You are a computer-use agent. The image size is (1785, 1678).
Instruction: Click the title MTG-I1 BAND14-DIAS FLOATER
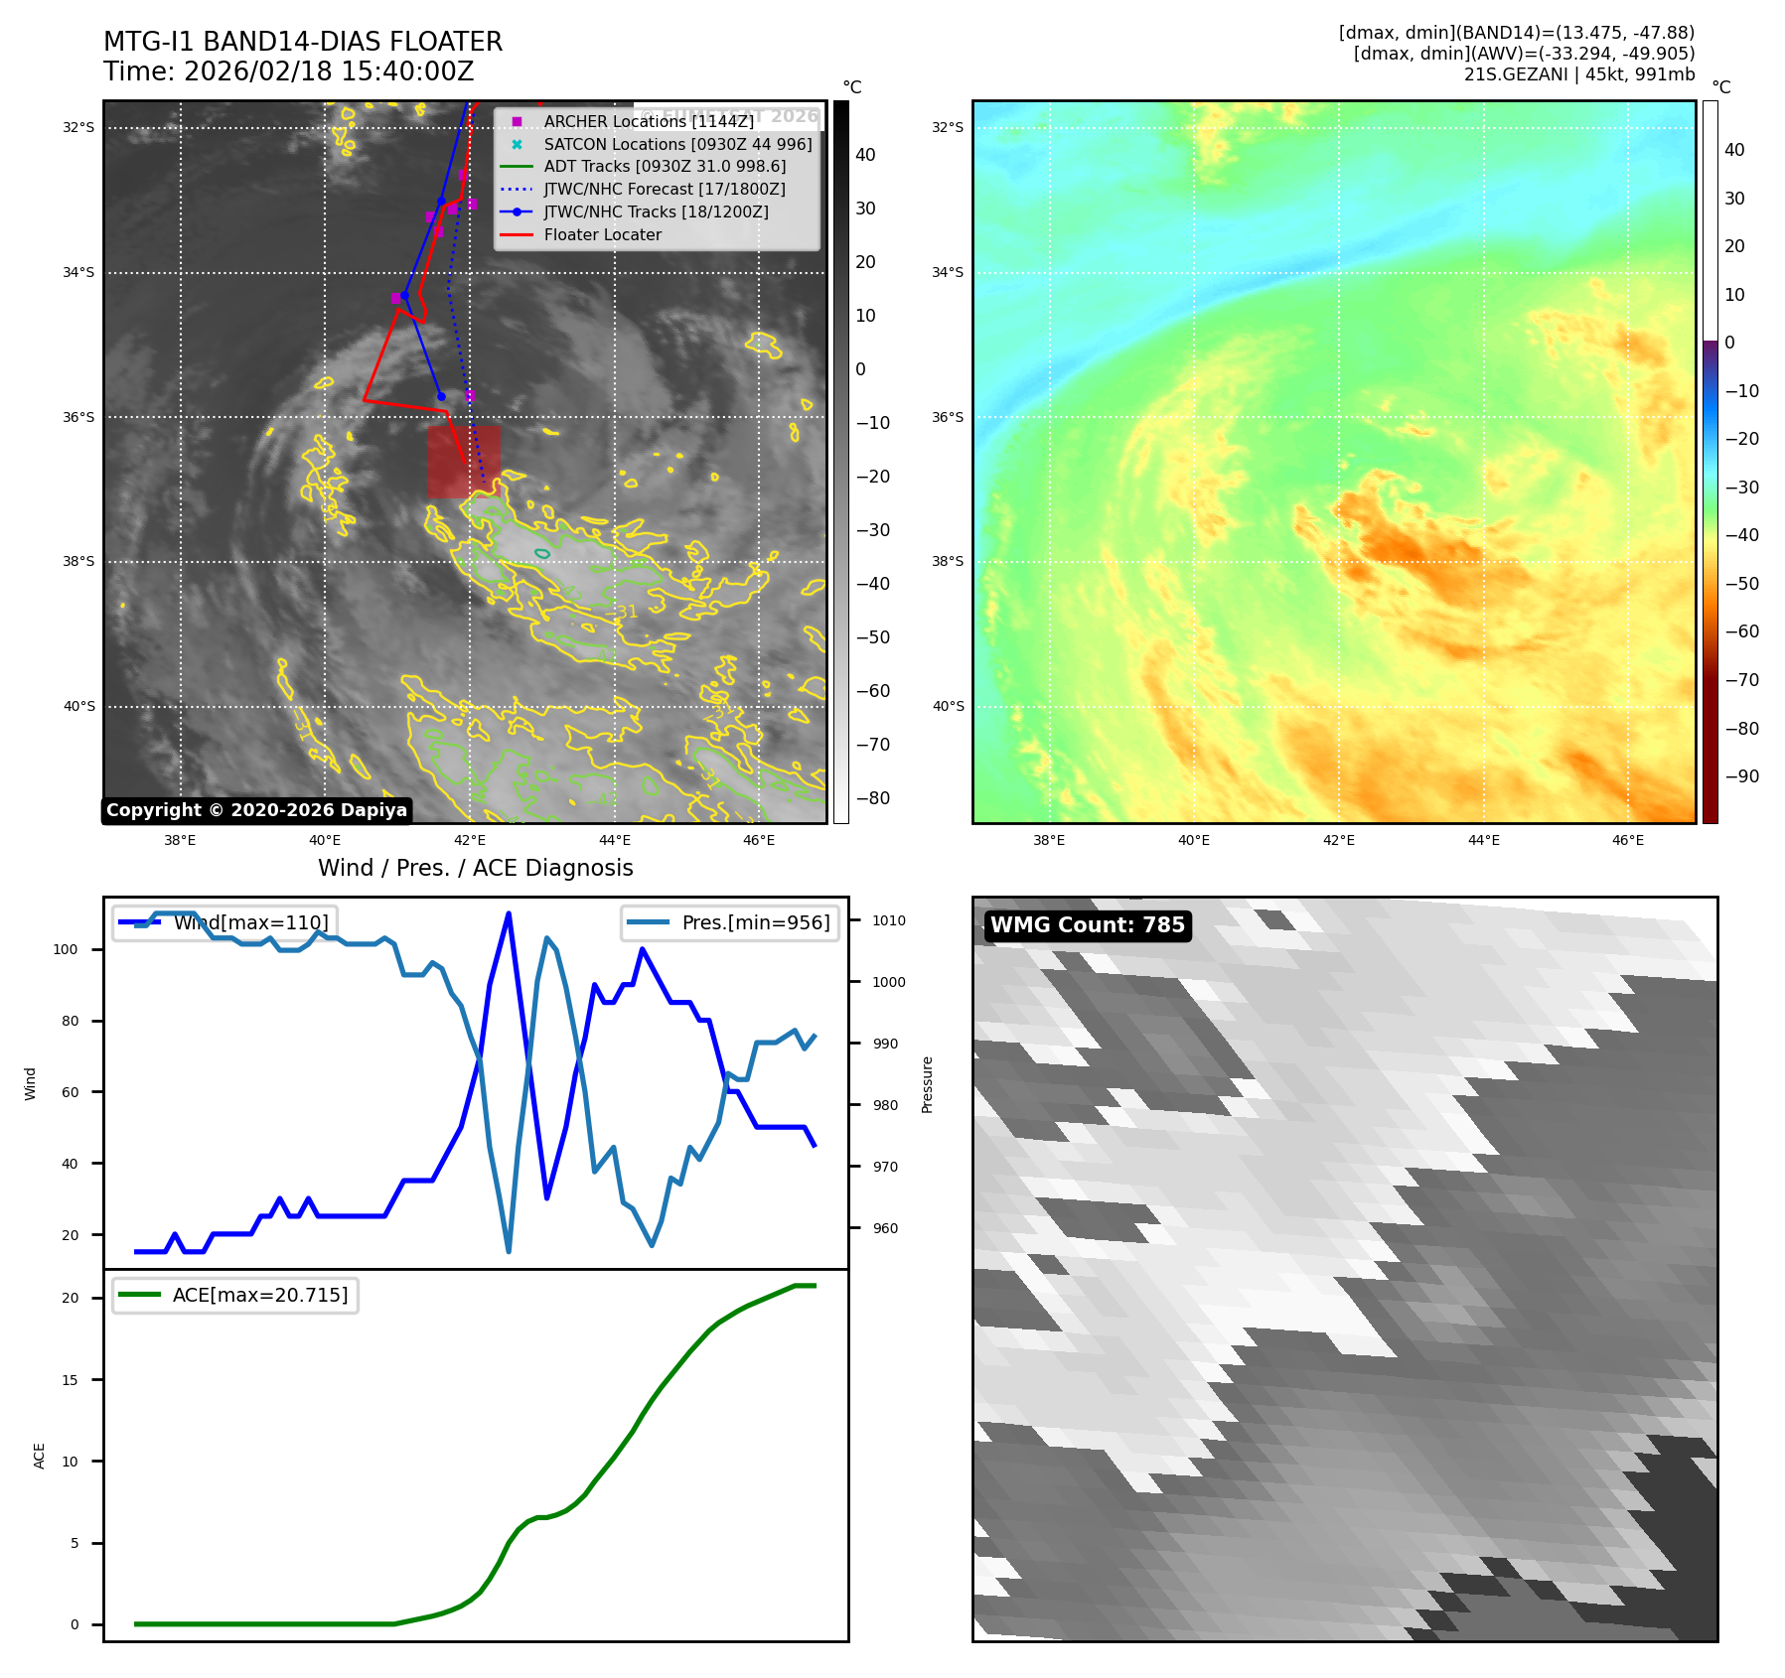click(303, 42)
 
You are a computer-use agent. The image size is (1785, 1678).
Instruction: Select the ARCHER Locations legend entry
click(648, 121)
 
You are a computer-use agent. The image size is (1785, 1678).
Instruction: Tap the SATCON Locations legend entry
click(677, 144)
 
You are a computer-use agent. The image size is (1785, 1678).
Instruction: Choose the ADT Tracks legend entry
click(665, 167)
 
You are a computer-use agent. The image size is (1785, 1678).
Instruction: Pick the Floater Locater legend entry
click(602, 235)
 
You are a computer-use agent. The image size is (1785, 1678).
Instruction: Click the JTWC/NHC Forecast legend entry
click(665, 190)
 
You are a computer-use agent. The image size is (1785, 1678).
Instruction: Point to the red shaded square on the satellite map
click(464, 462)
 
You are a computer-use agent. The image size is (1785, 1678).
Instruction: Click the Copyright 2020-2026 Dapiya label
click(256, 810)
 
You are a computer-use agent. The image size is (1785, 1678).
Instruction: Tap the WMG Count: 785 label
click(1088, 925)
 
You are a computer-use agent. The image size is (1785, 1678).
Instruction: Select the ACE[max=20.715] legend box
click(235, 1295)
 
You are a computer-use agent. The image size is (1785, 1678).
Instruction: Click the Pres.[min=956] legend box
click(730, 922)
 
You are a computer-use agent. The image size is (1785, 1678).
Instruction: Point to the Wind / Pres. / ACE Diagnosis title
click(475, 868)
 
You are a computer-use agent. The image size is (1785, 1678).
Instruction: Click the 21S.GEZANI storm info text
click(1578, 74)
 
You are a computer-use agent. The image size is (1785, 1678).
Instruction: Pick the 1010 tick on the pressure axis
click(889, 920)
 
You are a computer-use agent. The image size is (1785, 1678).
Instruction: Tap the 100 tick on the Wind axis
click(66, 949)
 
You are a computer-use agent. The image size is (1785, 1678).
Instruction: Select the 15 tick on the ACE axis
click(70, 1380)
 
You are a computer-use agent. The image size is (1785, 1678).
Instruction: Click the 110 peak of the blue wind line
click(509, 913)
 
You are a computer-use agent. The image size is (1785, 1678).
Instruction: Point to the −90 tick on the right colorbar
click(1741, 776)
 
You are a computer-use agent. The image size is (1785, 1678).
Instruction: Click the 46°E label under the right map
click(1627, 840)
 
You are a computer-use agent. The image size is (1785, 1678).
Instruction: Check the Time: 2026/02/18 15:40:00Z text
click(288, 71)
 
